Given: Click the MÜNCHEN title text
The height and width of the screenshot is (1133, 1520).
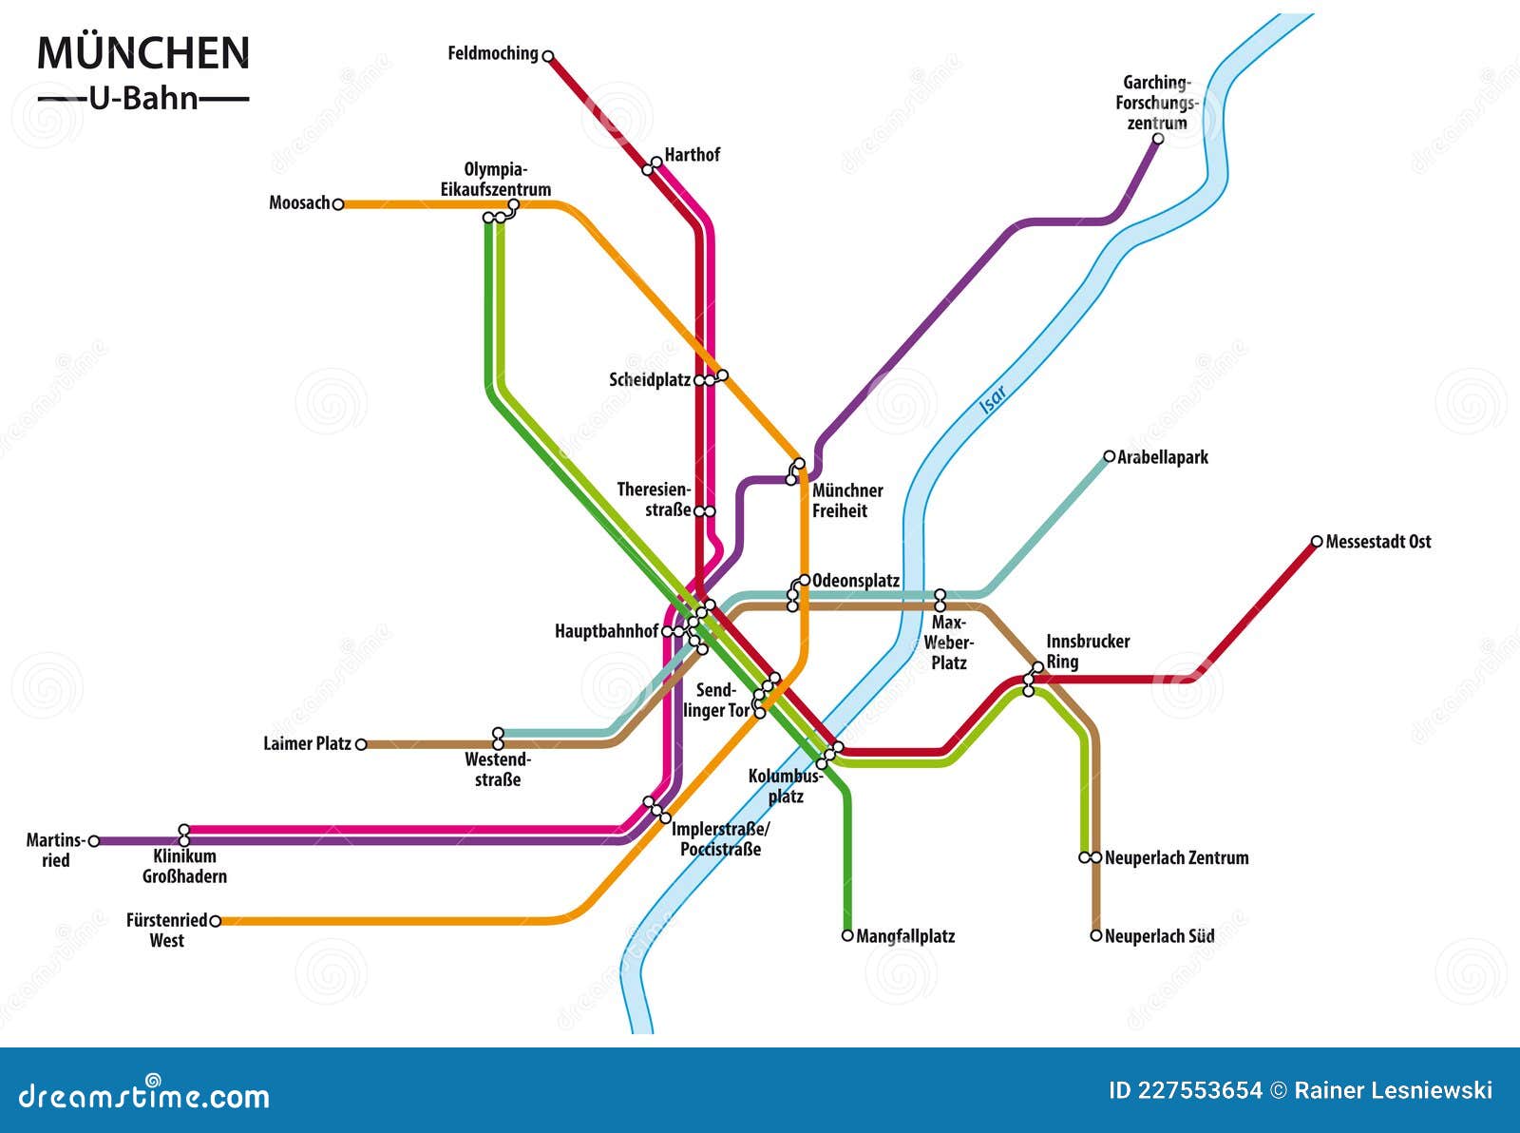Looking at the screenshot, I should pos(143,53).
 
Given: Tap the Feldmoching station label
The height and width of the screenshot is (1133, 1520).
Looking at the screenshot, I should pos(493,53).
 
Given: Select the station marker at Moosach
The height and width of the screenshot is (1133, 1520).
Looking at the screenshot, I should pos(338,203).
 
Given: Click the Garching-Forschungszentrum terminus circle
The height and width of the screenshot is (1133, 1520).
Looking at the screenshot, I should pos(1158,139).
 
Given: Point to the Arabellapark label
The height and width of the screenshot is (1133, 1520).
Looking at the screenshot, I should pos(1163,457).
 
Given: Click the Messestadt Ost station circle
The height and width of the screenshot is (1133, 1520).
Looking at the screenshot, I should pos(1317,542).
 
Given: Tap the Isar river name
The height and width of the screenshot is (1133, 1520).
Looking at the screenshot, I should pos(993,399).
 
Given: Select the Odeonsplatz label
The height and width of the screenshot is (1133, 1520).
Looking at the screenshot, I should pos(856,581).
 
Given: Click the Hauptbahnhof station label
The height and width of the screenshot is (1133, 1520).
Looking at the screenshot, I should pos(606,631).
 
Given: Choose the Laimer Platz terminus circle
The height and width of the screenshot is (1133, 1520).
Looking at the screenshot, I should pos(361,744).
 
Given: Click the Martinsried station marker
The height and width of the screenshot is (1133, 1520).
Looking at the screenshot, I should pos(94,841).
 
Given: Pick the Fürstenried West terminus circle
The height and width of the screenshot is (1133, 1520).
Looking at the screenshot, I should pos(216,921).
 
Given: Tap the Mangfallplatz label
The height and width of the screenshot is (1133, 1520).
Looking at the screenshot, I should pos(905,936).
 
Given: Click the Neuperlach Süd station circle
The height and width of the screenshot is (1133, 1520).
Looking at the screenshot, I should pos(1096,936).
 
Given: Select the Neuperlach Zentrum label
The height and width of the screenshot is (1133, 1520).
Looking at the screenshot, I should pos(1176,857).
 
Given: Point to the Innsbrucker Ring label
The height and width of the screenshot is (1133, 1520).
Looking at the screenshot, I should pos(1088,652).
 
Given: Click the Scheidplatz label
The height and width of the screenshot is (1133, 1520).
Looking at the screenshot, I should pos(650,380).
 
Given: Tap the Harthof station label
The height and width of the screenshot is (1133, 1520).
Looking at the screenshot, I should pos(692,155).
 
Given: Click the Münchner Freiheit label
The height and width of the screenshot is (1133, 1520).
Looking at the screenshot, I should pos(846,501).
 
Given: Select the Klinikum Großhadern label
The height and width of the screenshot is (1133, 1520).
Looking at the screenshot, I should pos(184,867).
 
